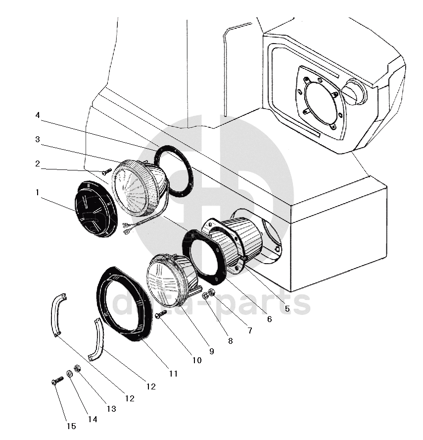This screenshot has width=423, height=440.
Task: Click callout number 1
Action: coord(37,192)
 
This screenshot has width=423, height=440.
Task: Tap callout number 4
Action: coord(38,115)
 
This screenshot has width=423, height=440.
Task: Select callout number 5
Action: coord(287,309)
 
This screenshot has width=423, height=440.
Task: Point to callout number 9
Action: coord(212,351)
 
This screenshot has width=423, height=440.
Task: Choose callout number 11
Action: coord(173,374)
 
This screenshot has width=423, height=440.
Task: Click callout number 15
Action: coord(71,426)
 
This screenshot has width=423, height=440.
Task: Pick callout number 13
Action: coord(111,409)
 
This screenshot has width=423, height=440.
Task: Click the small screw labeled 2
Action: coord(107,171)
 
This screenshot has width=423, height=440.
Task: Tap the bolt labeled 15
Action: coord(58,381)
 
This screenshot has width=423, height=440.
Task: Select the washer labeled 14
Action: coord(69,374)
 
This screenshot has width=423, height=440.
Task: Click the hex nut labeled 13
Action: coord(77,368)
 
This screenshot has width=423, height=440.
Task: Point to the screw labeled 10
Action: coord(160,314)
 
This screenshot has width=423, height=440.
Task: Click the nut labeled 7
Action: coord(212,292)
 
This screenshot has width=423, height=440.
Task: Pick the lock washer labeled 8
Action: coord(205,295)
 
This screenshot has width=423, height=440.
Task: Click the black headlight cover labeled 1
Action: coord(95,209)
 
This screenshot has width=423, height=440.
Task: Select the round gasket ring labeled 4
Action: coord(174,171)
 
